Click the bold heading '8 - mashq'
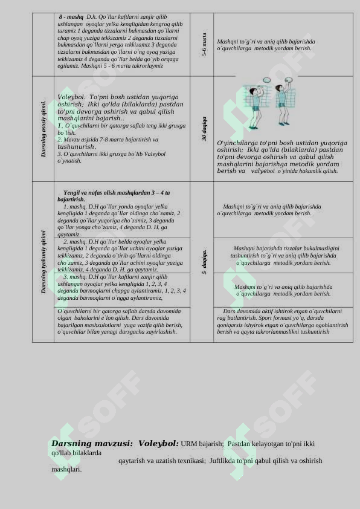pos(71,17)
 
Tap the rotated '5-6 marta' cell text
pos(204,45)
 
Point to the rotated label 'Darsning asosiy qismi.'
pos(43,129)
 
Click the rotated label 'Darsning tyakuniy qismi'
pos(43,262)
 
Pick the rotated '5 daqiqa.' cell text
pos(204,262)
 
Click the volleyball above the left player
pos(266,80)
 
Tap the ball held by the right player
pos(288,80)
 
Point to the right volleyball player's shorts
pos(281,110)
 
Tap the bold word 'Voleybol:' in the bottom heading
pos(158,444)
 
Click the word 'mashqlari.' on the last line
pos(66,469)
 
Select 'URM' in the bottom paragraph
pos(188,444)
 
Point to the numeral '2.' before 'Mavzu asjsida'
pos(60,140)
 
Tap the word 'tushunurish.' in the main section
pos(77,147)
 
